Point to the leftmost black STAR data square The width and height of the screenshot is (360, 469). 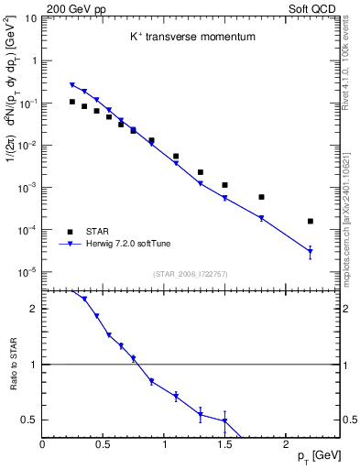coord(72,102)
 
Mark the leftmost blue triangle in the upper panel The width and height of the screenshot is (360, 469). coord(72,85)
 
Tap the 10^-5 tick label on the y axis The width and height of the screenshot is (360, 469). coord(27,271)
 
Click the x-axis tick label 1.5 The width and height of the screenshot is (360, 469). coord(224,444)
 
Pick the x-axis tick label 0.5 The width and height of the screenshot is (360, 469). coord(104,444)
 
